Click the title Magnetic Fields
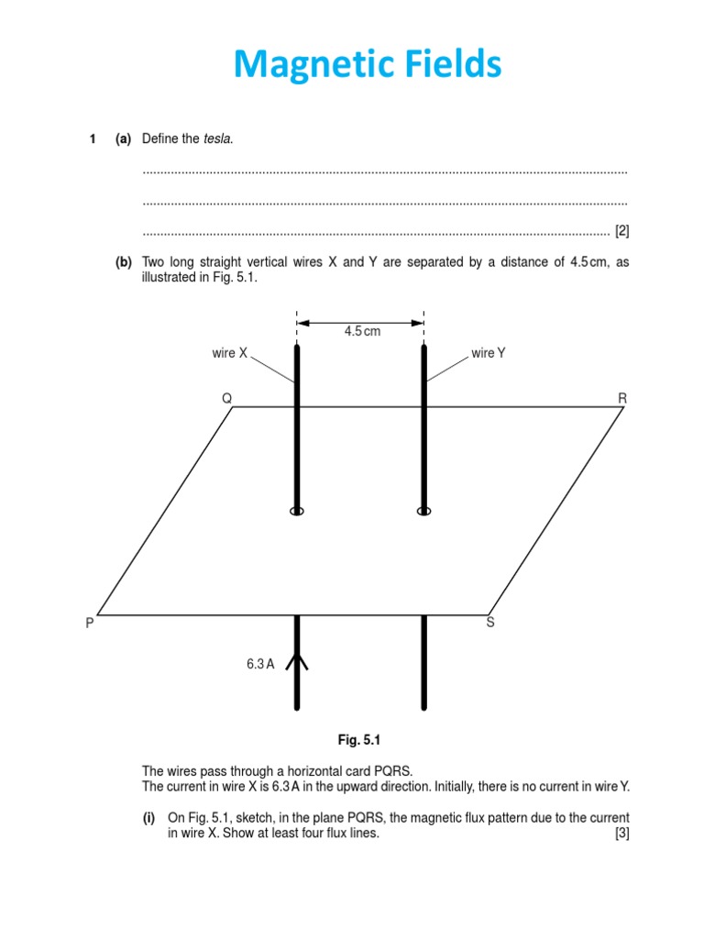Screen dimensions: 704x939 click(x=367, y=66)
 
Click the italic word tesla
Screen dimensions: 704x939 click(x=218, y=138)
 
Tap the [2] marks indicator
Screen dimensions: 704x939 click(x=621, y=230)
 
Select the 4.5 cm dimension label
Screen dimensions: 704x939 click(x=362, y=332)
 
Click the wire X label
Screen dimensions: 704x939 click(x=229, y=353)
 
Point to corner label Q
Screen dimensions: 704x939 click(x=226, y=398)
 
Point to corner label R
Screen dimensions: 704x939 click(x=623, y=398)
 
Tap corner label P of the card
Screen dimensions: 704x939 click(x=89, y=623)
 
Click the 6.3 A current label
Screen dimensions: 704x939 click(x=259, y=665)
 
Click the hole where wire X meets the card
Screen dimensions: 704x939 click(x=297, y=511)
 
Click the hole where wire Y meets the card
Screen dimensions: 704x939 click(x=423, y=511)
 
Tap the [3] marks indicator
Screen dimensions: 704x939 click(x=621, y=834)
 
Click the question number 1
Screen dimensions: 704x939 click(x=92, y=138)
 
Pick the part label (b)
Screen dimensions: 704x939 click(x=124, y=262)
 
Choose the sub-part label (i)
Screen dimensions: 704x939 click(x=148, y=817)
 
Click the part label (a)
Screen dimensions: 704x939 click(x=124, y=138)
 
